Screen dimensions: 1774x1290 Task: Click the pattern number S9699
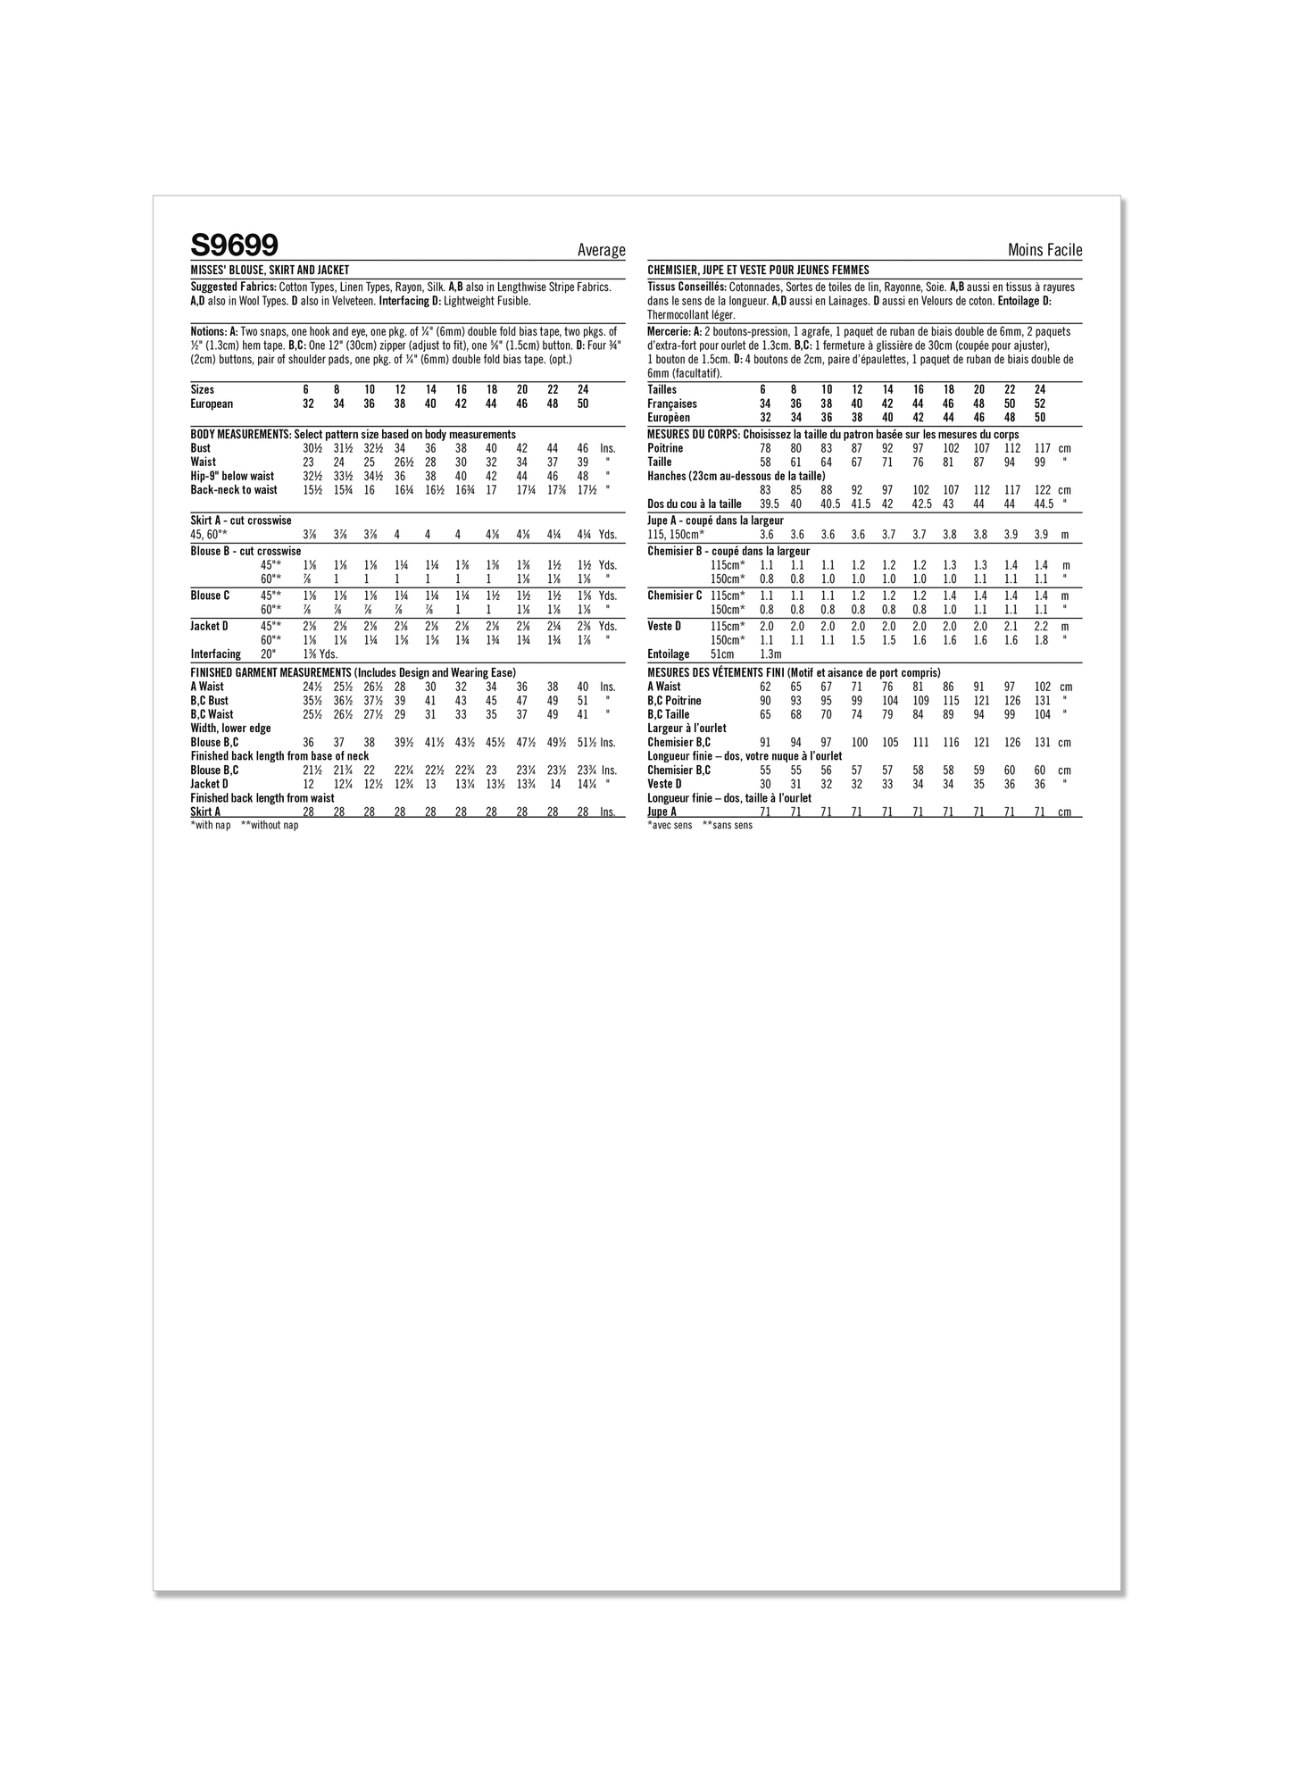coord(234,245)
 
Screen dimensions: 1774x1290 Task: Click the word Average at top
coord(601,251)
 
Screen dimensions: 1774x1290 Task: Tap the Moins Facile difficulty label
coord(1044,251)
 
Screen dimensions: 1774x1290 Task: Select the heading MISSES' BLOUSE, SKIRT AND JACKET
coord(270,270)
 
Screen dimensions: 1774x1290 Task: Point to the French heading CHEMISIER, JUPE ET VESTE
coord(758,270)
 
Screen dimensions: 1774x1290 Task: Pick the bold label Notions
coord(209,331)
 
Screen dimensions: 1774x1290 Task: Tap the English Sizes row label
coord(203,390)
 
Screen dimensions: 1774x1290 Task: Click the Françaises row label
coord(672,404)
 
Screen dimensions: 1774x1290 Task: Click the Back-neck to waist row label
coord(234,490)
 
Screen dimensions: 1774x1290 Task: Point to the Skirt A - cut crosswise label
coord(241,521)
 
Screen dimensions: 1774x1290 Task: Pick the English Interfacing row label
coord(215,654)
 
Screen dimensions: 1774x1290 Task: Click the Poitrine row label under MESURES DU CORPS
coord(665,448)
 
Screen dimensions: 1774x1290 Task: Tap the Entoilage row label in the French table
coord(669,654)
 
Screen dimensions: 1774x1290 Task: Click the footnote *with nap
coord(211,826)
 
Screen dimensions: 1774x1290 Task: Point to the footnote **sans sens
coord(727,826)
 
